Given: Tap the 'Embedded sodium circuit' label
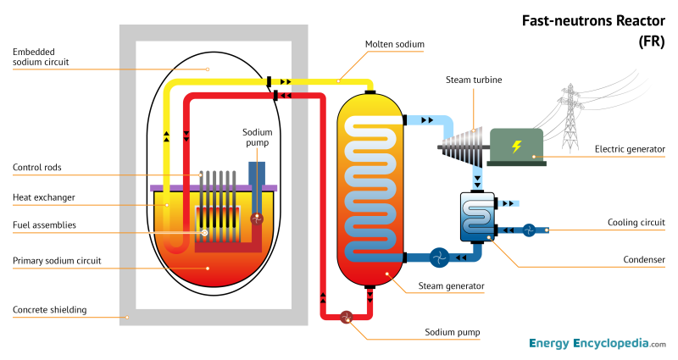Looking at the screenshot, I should (x=41, y=57).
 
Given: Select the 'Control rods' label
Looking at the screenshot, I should (x=37, y=167).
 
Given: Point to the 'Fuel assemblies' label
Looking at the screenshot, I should (x=45, y=224).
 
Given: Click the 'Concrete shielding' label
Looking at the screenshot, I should (x=50, y=310).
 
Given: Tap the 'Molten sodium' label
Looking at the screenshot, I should (x=394, y=44).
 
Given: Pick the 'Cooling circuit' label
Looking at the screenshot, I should (x=636, y=223).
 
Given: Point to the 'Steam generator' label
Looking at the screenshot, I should (x=452, y=286).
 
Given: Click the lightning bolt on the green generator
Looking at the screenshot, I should (x=516, y=147).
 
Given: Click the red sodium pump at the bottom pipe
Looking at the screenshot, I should (x=346, y=317).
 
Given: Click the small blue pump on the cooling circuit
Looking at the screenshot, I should (x=528, y=230).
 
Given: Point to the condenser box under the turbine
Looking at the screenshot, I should (x=476, y=218).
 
